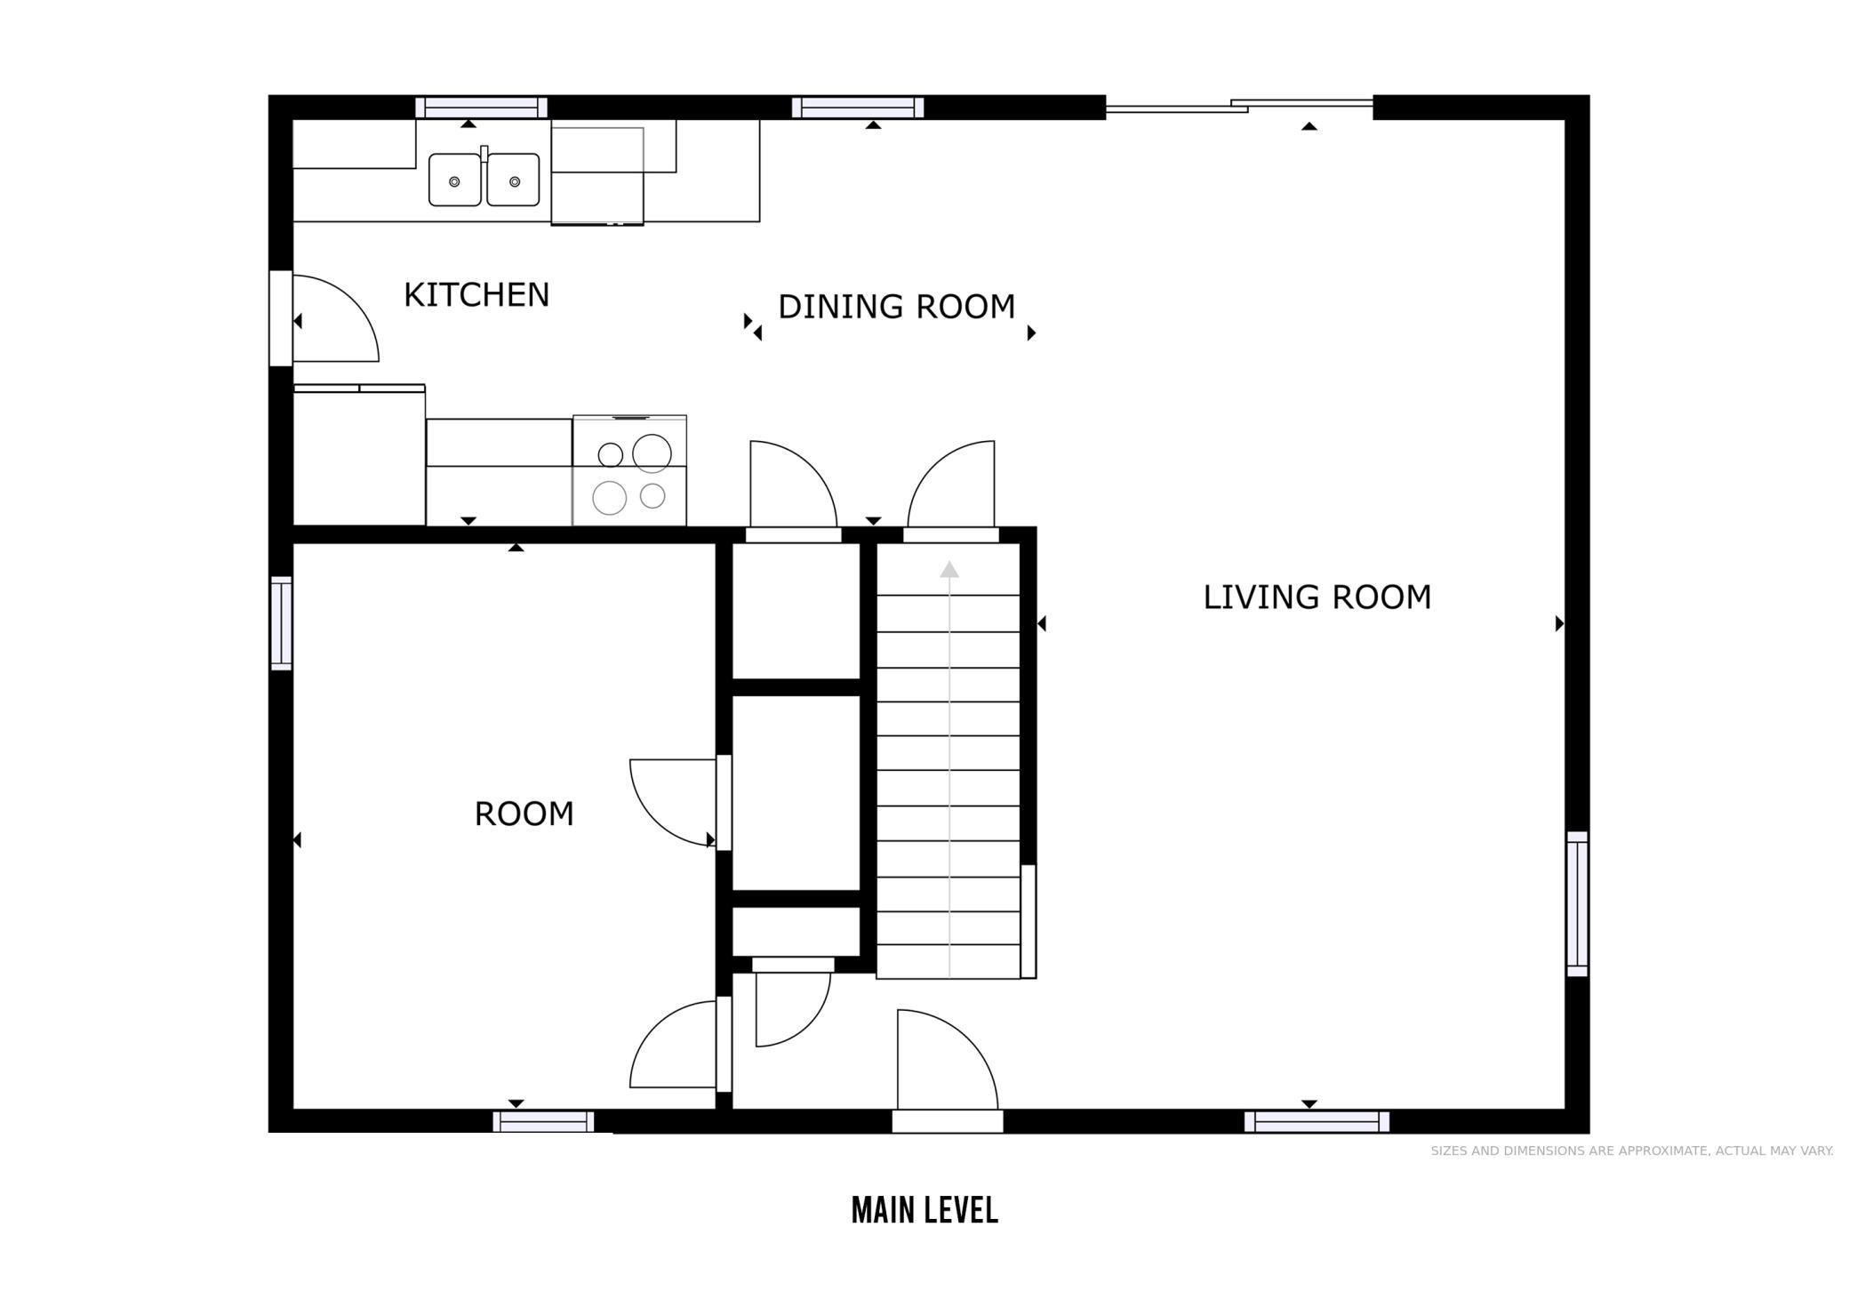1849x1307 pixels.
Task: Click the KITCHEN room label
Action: pos(476,295)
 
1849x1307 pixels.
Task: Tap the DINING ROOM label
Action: pos(896,307)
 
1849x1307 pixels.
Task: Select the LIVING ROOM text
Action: pos(1317,597)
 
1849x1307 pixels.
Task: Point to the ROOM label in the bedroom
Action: pos(524,814)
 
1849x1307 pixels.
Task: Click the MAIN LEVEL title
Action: pos(924,1210)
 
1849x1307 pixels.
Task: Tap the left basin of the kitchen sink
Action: pos(455,180)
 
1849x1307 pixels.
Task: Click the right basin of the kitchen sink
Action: pos(513,180)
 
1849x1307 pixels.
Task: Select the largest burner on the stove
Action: pos(652,453)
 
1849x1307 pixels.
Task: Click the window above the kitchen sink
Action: pos(481,108)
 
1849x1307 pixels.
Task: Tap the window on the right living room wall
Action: pos(1577,903)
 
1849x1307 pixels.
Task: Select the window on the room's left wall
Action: pos(281,622)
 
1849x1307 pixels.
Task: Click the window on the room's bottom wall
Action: pos(543,1121)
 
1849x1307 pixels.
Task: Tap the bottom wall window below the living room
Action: pos(1317,1121)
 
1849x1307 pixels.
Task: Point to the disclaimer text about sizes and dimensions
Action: pos(1632,1151)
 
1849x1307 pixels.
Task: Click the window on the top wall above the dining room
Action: pos(858,108)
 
